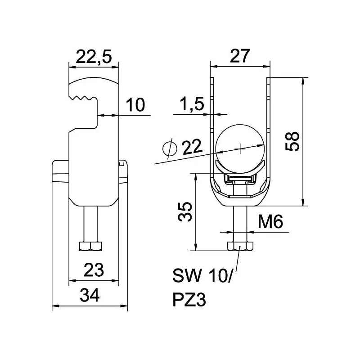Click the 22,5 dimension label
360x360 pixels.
coord(94,57)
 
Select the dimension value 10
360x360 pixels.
coord(135,105)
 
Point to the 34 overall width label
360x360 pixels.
coord(90,295)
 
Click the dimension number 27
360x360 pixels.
coord(240,56)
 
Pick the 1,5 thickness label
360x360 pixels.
coord(192,103)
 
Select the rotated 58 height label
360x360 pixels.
coord(292,141)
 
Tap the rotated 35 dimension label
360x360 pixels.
coord(185,211)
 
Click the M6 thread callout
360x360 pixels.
coord(270,221)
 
